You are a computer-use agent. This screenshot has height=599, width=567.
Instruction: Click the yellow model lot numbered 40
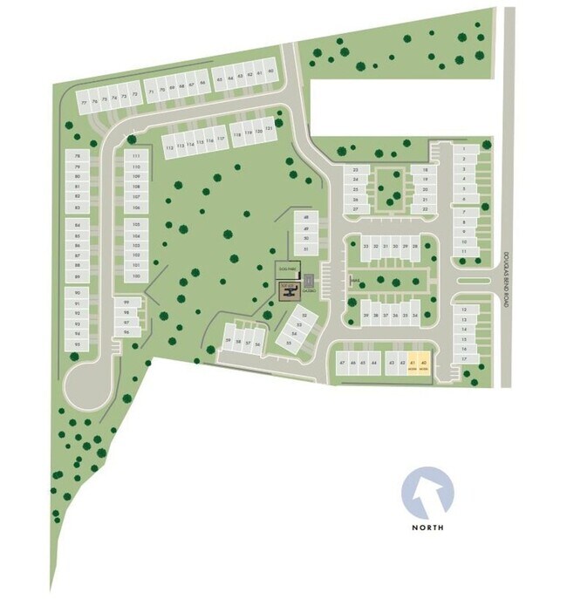(423, 364)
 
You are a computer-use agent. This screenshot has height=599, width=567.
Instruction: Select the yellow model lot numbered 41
(412, 364)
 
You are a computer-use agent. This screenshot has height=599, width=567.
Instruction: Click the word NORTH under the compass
(428, 528)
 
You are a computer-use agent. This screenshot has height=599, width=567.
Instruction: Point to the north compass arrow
(428, 492)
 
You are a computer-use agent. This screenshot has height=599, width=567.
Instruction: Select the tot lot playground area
(288, 290)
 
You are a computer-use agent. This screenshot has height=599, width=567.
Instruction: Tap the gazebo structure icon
(308, 282)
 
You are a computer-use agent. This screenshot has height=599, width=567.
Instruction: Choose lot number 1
(465, 149)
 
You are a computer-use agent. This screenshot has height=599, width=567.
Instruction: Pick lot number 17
(465, 358)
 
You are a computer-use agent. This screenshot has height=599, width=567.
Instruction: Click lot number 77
(85, 103)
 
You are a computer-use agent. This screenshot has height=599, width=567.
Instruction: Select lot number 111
(135, 155)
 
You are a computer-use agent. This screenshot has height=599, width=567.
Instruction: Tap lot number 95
(78, 344)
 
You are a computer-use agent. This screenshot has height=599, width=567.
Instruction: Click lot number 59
(229, 341)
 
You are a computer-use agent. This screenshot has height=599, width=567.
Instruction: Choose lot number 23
(356, 169)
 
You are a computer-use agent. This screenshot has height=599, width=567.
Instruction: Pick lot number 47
(343, 362)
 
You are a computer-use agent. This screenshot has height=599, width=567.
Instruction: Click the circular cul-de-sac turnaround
(86, 383)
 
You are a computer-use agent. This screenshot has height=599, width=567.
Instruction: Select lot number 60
(271, 71)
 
